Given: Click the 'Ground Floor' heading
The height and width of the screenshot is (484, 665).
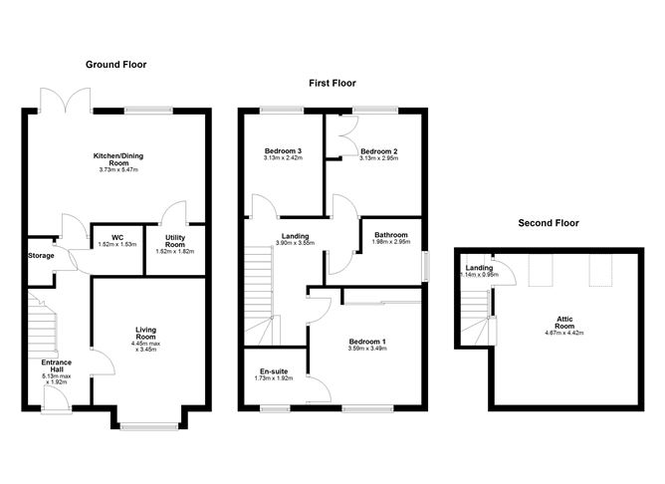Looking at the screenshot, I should tap(115, 65).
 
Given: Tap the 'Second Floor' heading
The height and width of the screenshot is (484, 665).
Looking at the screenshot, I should tap(548, 223).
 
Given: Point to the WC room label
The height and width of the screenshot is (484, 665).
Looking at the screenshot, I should tap(115, 237).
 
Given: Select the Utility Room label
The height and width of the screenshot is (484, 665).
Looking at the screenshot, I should tap(174, 241).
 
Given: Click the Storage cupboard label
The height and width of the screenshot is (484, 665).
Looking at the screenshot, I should tap(41, 255).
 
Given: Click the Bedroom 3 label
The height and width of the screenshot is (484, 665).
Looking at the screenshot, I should tap(283, 150).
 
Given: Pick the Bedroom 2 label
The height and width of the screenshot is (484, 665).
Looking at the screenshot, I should tap(379, 150).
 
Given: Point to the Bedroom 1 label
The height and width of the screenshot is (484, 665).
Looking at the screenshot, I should tap(367, 342).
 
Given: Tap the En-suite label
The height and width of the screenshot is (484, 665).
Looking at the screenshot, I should tap(272, 370).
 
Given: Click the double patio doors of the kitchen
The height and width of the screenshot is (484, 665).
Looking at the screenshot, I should tap(67, 100).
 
